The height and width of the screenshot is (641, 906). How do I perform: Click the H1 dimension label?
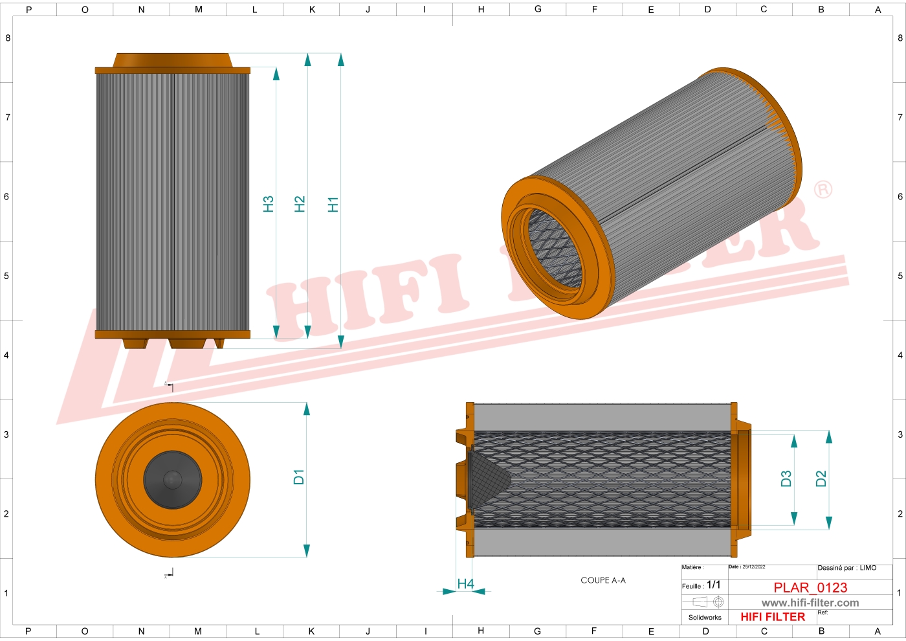click(333, 205)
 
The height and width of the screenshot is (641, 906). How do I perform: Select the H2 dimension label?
click(300, 205)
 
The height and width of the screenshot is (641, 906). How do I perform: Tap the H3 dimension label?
click(269, 205)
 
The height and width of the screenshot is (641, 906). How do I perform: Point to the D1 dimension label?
click(298, 477)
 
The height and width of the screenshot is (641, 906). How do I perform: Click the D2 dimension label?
click(821, 479)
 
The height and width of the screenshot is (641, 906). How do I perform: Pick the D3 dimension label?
click(786, 479)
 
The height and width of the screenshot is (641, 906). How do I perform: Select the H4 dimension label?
click(465, 584)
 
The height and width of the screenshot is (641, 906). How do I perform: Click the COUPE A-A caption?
click(603, 581)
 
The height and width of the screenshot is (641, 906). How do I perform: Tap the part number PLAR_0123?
click(810, 588)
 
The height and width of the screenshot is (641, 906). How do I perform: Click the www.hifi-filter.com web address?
click(810, 603)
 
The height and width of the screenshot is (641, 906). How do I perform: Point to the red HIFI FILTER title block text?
click(773, 617)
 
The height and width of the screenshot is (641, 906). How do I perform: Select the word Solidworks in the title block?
click(705, 618)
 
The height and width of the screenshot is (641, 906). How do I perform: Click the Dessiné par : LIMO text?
click(846, 568)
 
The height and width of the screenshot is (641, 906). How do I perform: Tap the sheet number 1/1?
click(713, 585)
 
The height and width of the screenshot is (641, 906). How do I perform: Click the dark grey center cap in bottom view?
click(172, 480)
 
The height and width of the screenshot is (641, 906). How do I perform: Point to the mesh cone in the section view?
click(488, 479)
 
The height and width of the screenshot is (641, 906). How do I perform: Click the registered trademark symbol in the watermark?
click(823, 190)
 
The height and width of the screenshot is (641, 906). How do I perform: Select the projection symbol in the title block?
click(708, 602)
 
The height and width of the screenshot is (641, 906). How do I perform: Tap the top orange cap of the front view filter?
click(172, 61)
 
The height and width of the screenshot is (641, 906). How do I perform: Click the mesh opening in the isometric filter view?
click(555, 249)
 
